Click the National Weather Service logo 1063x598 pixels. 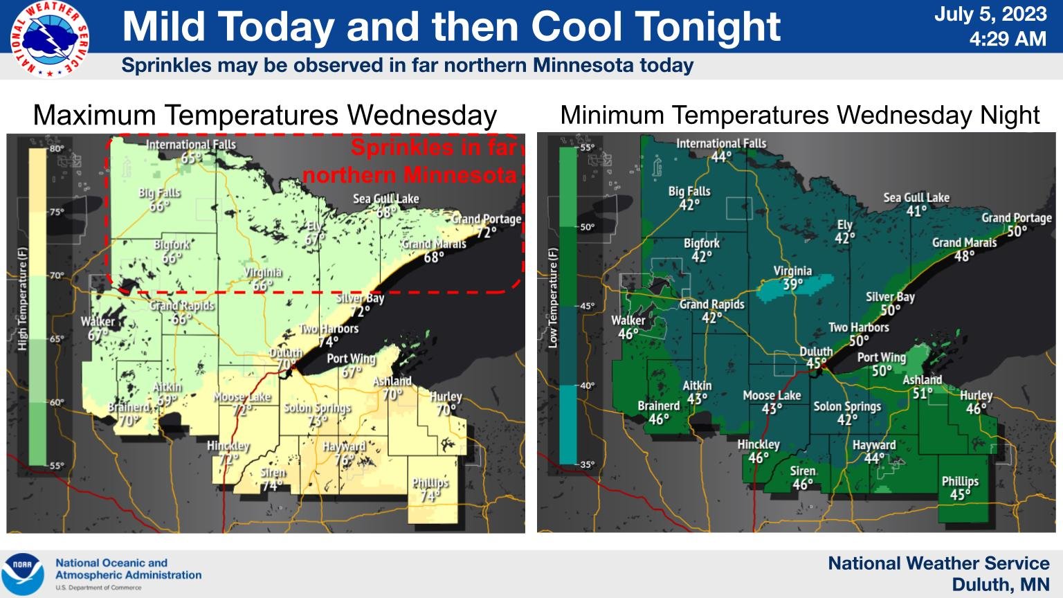tap(49, 39)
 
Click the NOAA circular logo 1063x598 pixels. tap(23, 574)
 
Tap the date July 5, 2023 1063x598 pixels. tap(990, 14)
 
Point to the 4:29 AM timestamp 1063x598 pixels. tap(1008, 39)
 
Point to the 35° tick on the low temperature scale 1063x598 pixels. tap(587, 464)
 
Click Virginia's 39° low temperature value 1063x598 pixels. tap(793, 284)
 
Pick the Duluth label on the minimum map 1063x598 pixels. tap(816, 352)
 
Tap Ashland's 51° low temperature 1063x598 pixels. tap(923, 393)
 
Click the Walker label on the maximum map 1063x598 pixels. tap(98, 321)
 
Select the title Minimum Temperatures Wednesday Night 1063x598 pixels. tap(800, 115)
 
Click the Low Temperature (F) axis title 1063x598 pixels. tap(553, 298)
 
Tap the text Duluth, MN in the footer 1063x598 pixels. tap(1000, 585)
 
